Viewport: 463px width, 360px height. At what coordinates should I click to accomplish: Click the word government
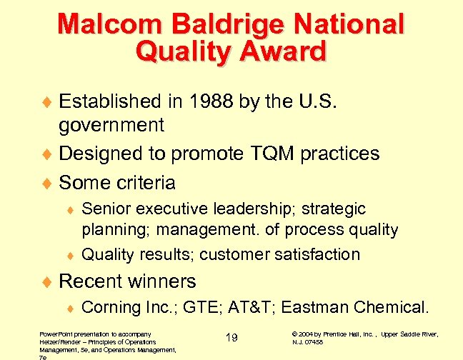(x=111, y=126)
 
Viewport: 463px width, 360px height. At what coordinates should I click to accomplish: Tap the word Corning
(x=109, y=307)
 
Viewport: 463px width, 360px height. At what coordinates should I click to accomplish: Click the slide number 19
(x=231, y=338)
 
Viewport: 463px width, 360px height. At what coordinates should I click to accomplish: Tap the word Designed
(x=101, y=154)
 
